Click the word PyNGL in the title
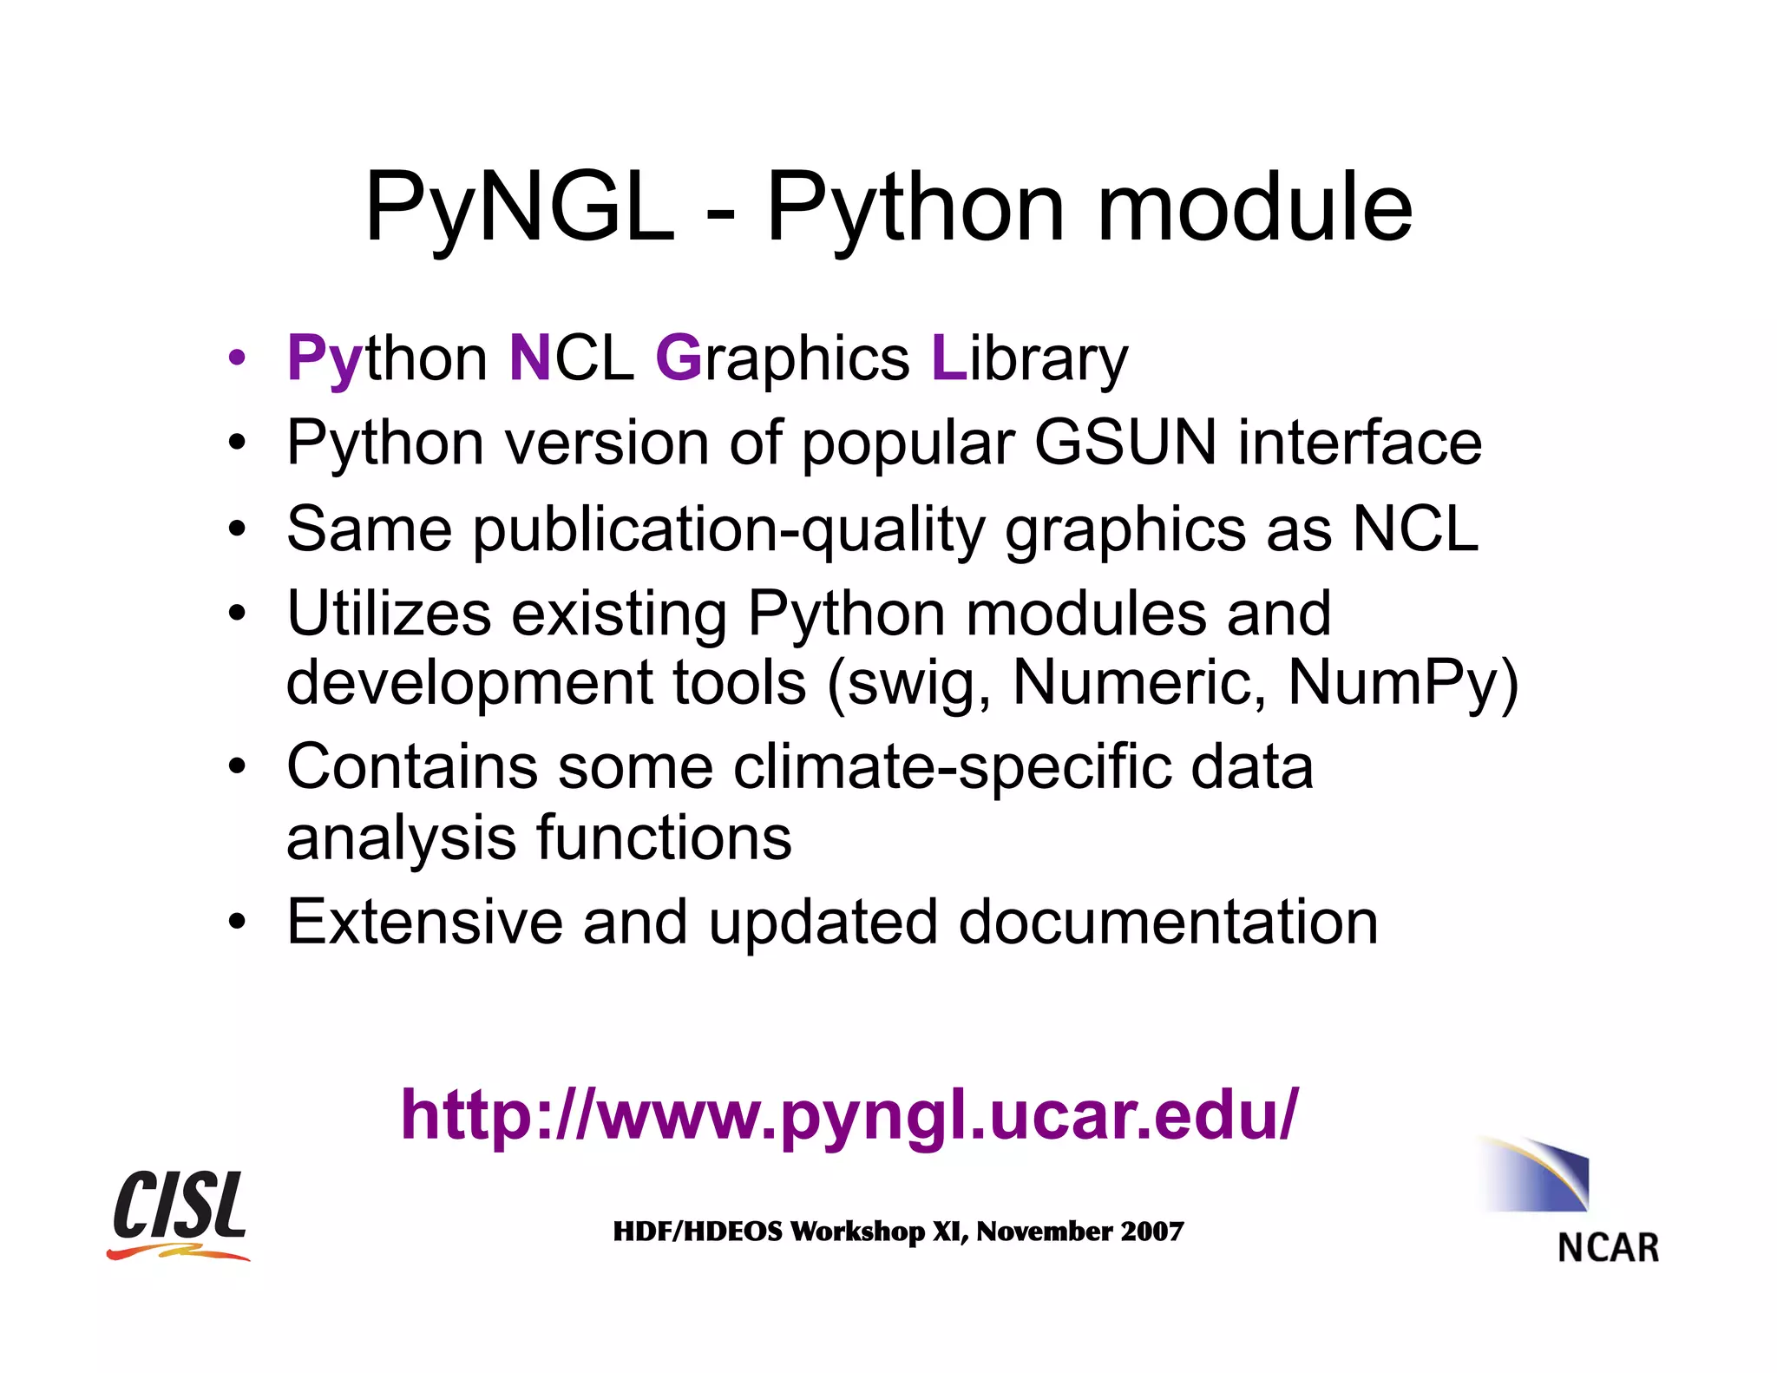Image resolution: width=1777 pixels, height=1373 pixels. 519,208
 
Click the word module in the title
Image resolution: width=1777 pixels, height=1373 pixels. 1255,208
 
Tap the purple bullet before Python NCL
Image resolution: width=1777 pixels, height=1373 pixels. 237,358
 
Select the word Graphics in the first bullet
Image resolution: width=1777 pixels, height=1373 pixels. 782,358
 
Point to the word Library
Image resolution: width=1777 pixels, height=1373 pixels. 1029,358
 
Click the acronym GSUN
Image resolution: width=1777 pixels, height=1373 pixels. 1125,443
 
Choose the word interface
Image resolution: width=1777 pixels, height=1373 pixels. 1360,443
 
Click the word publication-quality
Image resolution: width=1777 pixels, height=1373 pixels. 729,529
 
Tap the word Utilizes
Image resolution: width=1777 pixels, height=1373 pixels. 389,614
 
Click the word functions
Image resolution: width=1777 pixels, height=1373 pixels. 664,838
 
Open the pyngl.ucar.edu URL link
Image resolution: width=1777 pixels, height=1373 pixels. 849,1115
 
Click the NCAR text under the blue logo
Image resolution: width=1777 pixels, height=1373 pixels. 1608,1248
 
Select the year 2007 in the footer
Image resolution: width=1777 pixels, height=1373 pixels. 1151,1232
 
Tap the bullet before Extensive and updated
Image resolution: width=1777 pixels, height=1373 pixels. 237,922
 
